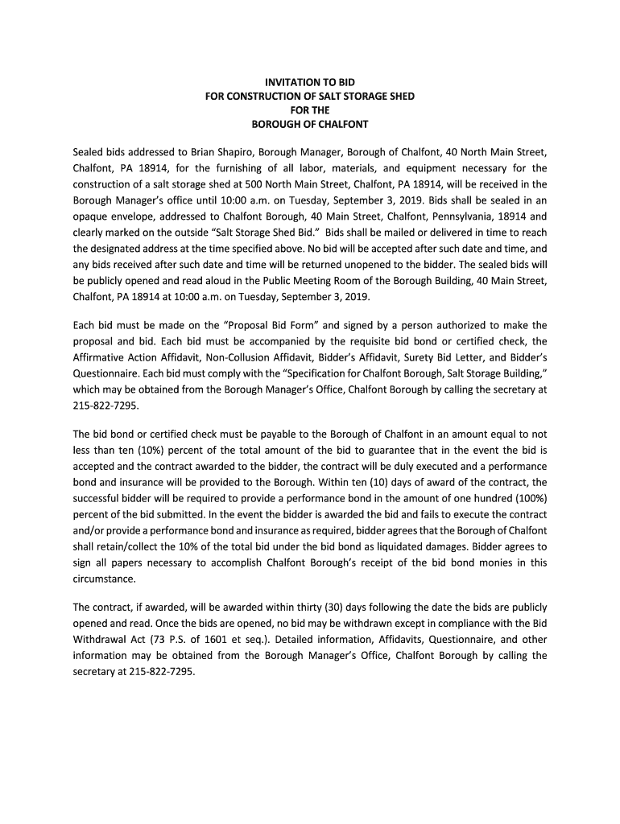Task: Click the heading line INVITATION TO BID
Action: point(310,82)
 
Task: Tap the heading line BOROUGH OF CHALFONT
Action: point(310,124)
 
